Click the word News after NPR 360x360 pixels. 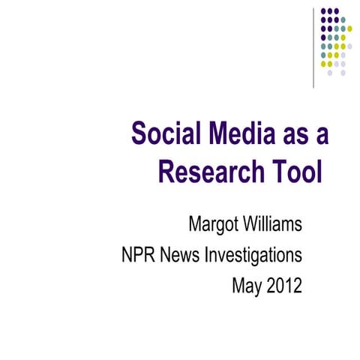[183, 256]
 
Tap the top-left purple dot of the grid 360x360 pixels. [322, 12]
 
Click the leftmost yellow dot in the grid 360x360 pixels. [322, 64]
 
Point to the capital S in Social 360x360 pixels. [139, 135]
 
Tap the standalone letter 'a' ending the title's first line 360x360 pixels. [322, 136]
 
